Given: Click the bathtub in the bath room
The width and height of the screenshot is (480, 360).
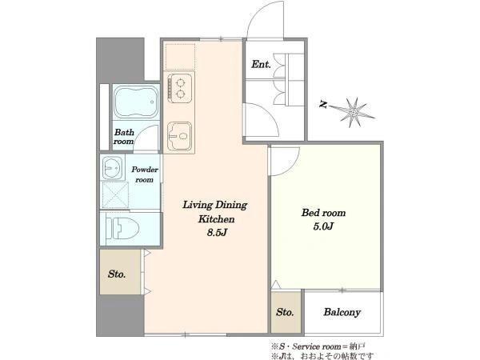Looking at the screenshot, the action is [136, 102].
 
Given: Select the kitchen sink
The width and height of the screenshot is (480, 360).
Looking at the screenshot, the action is [179, 136].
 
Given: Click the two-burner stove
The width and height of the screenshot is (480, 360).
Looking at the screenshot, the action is [179, 88].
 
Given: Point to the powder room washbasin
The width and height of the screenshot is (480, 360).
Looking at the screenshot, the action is [112, 168].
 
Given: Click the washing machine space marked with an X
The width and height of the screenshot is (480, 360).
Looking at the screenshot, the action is [114, 195].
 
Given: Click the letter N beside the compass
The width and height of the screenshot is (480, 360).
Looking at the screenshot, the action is [323, 104].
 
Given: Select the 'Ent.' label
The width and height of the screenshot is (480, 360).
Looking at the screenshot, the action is [261, 64].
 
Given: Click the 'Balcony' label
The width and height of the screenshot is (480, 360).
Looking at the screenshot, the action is [342, 312].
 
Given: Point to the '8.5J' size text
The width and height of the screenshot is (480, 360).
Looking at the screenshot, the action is [217, 233].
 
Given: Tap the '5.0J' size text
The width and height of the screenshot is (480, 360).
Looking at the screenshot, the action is [323, 226].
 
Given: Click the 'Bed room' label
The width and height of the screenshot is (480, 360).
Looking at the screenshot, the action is [323, 213].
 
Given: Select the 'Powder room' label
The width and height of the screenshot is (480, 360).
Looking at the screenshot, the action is [145, 174].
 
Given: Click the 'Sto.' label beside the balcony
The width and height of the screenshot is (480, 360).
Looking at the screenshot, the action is [285, 312].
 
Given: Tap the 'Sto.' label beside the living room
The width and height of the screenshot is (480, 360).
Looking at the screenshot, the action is [117, 274].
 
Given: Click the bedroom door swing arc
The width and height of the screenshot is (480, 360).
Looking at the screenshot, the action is [291, 167].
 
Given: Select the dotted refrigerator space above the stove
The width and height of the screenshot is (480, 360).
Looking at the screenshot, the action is [180, 57].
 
